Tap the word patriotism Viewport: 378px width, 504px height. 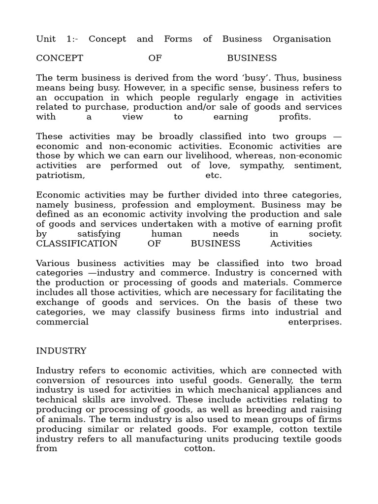[x=60, y=175]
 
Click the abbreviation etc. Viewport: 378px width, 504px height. [x=214, y=175]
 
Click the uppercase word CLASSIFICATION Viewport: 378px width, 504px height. [x=77, y=244]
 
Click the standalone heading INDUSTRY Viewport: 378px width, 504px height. [x=61, y=351]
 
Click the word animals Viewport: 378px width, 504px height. [x=66, y=419]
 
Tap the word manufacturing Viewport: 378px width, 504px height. [x=189, y=439]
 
